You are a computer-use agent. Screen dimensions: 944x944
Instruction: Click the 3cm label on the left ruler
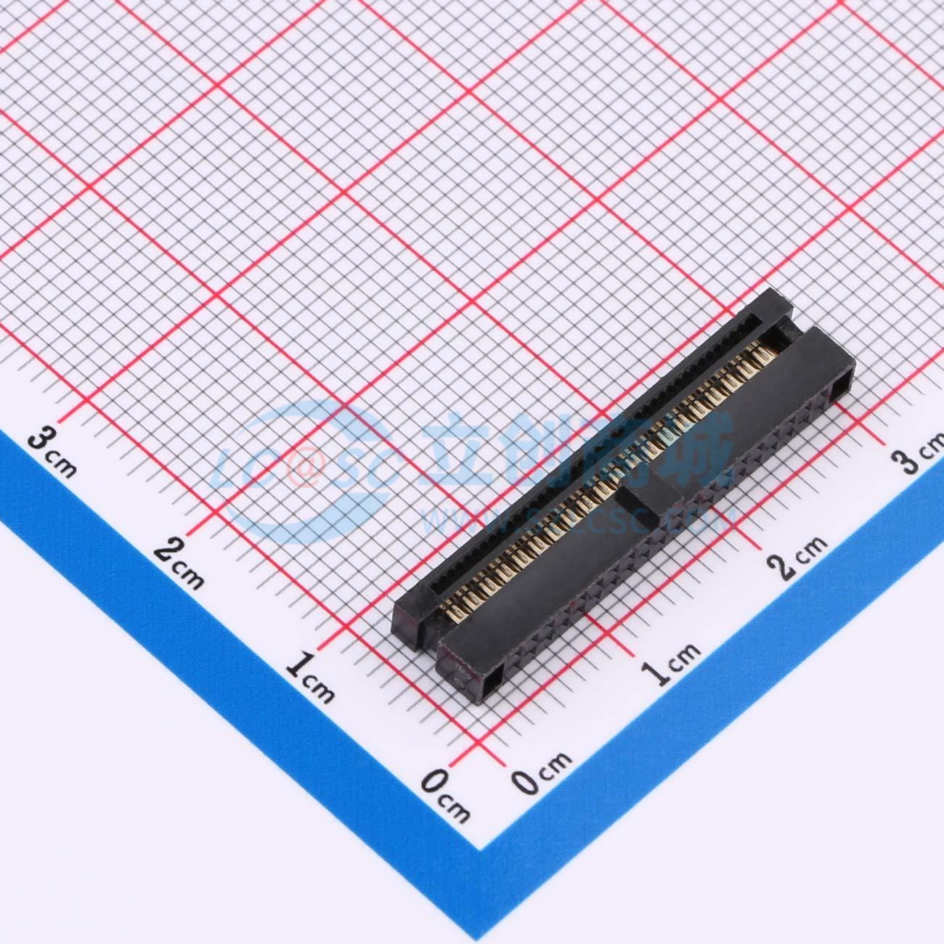coord(53,452)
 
